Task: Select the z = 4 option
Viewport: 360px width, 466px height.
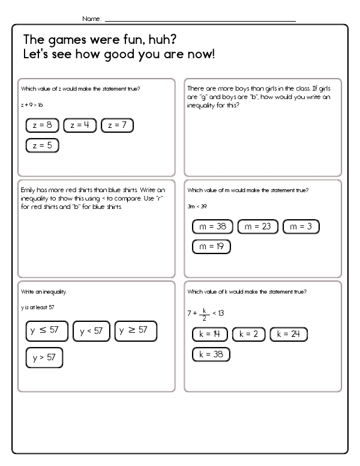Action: (x=80, y=126)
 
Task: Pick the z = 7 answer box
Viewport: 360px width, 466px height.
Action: (x=117, y=126)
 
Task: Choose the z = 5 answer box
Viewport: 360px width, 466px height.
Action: (x=42, y=145)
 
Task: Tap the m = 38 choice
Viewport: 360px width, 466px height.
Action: (x=212, y=227)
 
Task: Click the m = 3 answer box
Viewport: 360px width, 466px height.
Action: (x=301, y=227)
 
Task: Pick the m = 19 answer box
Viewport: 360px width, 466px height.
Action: (x=211, y=246)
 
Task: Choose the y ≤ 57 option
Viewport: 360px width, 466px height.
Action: (x=47, y=330)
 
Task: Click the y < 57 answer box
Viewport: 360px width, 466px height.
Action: (x=91, y=331)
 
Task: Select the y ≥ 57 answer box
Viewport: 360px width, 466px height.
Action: (x=135, y=330)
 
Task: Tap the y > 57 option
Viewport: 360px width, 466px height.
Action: (x=44, y=357)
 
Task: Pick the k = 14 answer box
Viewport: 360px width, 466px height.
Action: (x=209, y=334)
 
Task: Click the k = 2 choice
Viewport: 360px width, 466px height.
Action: (x=248, y=334)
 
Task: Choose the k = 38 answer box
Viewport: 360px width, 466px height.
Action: (x=211, y=354)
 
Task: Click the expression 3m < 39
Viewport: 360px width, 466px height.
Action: (x=195, y=205)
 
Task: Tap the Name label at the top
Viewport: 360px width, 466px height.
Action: (x=92, y=19)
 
